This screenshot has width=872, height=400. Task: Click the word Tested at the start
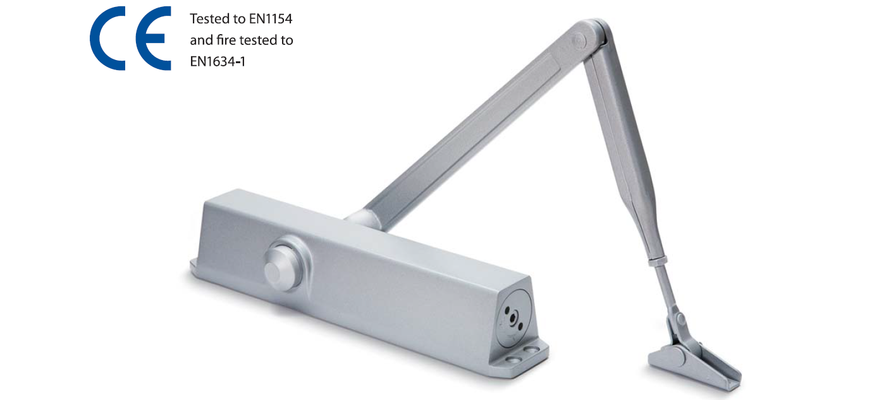click(210, 19)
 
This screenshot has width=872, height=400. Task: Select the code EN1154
click(271, 19)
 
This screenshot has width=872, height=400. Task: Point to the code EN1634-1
click(218, 61)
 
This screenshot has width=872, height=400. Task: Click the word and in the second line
click(201, 40)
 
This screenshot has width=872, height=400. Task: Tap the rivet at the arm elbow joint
click(579, 40)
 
